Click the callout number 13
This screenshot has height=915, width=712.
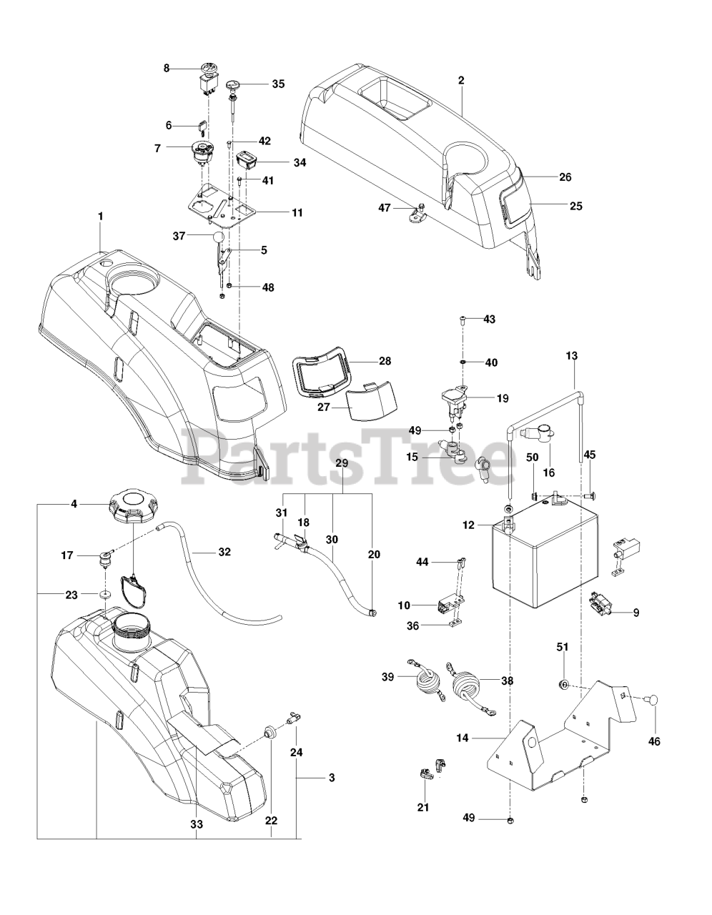[x=571, y=355]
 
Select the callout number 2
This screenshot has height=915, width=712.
[x=461, y=80]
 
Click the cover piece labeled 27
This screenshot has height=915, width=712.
[x=371, y=401]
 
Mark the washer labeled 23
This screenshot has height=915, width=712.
[x=104, y=595]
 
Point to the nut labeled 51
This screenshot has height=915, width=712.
[x=563, y=684]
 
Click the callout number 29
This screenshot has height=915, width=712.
[x=342, y=464]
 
